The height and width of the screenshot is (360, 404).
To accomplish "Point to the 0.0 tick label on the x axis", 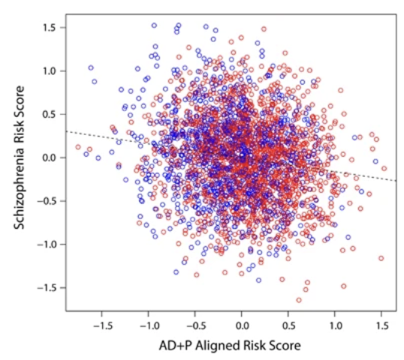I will click(242, 327).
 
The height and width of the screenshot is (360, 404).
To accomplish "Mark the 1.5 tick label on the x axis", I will click(381, 327).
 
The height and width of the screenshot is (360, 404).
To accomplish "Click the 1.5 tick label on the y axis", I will click(50, 28).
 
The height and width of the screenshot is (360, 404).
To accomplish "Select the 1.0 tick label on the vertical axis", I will click(50, 71).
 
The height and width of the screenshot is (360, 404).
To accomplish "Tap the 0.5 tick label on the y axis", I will click(50, 114).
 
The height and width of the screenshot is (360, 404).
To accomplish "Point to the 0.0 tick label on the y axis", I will click(50, 157).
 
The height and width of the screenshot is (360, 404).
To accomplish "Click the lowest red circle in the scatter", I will click(299, 300).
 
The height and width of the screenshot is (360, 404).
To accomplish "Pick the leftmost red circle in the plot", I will click(77, 147).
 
